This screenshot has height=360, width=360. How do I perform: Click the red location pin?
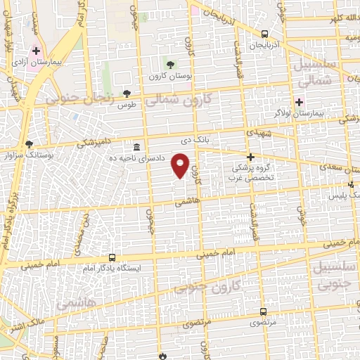pos(182,167)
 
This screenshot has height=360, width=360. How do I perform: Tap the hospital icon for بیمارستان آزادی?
pos(36,51)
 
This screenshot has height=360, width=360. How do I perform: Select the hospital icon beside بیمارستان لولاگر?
pos(299,103)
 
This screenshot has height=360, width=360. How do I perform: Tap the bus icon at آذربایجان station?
pos(264,34)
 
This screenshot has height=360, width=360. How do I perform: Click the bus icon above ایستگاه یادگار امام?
pos(112,257)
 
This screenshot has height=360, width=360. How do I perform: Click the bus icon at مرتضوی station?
pos(263,311)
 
